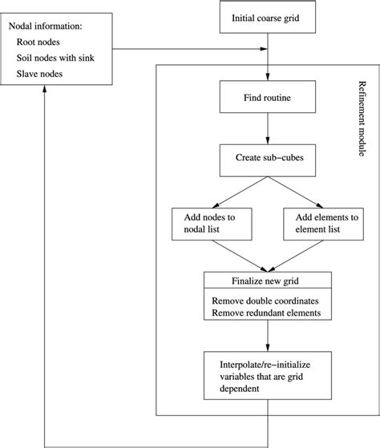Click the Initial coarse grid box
[267, 18]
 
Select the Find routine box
[267, 99]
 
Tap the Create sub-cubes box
[267, 159]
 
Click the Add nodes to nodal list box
[212, 223]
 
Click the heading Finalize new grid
[267, 280]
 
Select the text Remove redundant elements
[266, 313]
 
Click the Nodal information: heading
[53, 27]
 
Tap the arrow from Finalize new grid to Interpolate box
[267, 337]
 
